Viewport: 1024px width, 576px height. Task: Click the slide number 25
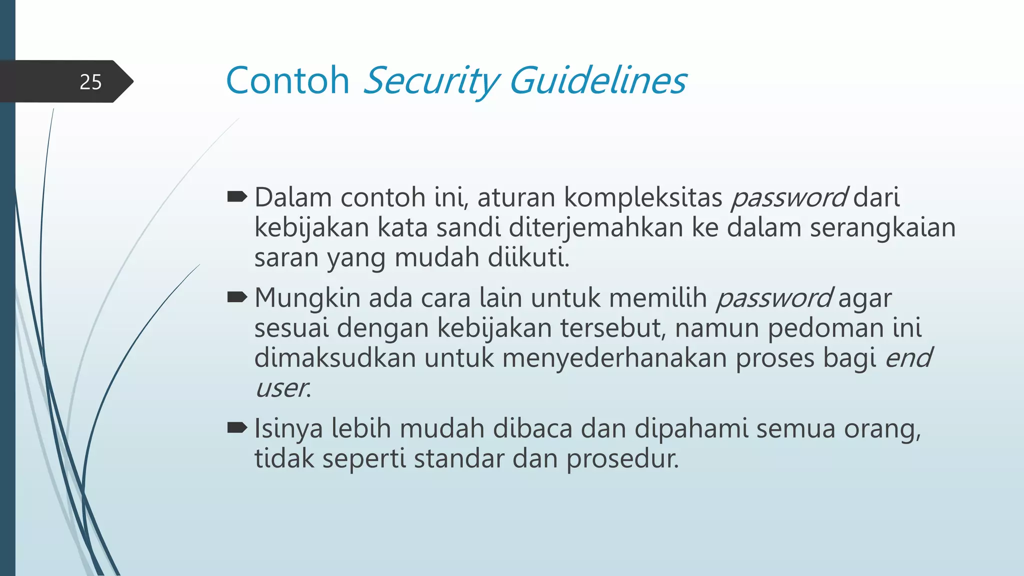(x=90, y=82)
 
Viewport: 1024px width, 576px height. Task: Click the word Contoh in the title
(x=287, y=80)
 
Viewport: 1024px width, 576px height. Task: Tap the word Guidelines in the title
(x=597, y=80)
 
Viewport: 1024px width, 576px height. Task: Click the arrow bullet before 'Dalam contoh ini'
(x=237, y=197)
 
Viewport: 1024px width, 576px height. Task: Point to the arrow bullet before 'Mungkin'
(x=237, y=298)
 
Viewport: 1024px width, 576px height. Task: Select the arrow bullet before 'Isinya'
(x=237, y=428)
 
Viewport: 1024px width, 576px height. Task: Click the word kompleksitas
(x=643, y=197)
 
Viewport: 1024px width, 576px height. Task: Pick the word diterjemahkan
(x=595, y=227)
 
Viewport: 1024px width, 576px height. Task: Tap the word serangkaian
(x=882, y=227)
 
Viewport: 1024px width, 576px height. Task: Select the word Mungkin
(x=307, y=298)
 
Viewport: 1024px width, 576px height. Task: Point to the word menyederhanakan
(x=614, y=358)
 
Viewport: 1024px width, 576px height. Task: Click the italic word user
(x=282, y=388)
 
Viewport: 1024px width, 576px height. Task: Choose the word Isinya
(x=288, y=429)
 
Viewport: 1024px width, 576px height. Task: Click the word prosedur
(x=622, y=459)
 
